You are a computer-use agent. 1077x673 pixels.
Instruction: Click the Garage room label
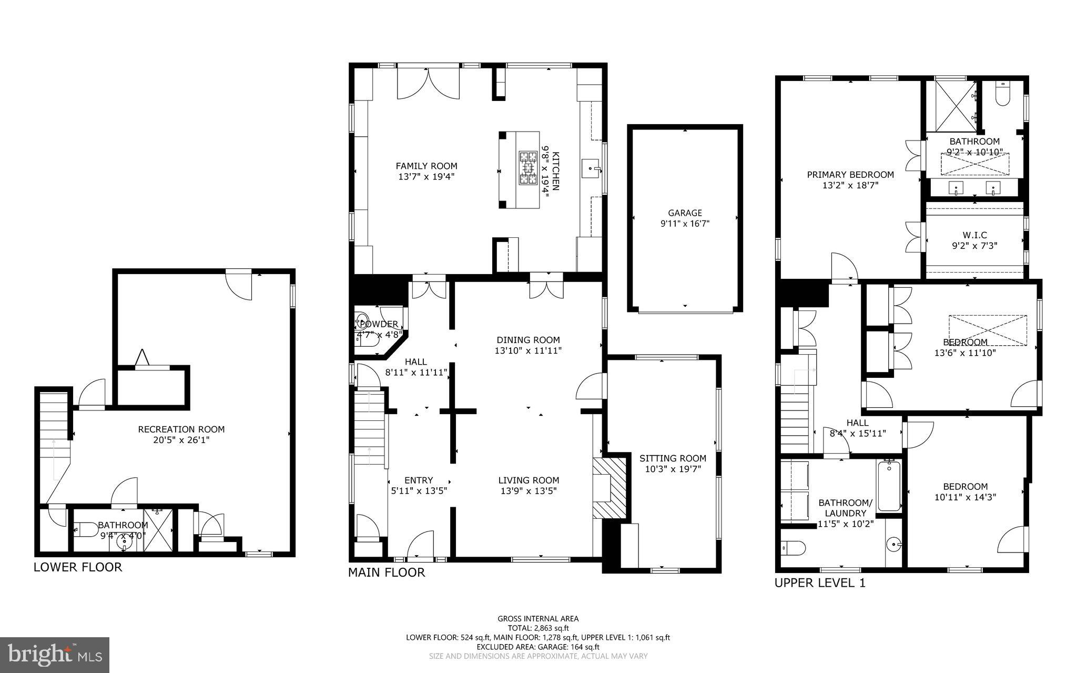coord(685,213)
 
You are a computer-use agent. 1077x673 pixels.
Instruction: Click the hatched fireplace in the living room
coord(610,488)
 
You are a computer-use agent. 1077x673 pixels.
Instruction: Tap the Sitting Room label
coord(673,458)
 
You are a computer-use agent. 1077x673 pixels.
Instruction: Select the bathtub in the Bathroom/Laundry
coord(889,486)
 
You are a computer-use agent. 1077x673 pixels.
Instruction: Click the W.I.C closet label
coord(975,235)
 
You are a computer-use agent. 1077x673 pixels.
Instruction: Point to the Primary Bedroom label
coord(850,175)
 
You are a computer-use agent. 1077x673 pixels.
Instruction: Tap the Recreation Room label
coord(181,429)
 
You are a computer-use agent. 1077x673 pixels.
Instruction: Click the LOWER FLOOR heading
coord(78,567)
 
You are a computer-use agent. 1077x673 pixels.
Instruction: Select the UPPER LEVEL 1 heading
coord(820,582)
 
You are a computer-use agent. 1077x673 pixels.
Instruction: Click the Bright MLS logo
coord(55,655)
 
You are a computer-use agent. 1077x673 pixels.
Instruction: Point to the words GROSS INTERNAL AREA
coord(538,619)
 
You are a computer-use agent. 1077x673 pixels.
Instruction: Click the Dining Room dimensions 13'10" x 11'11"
coord(529,350)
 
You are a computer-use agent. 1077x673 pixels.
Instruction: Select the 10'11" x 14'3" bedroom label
coord(965,497)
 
